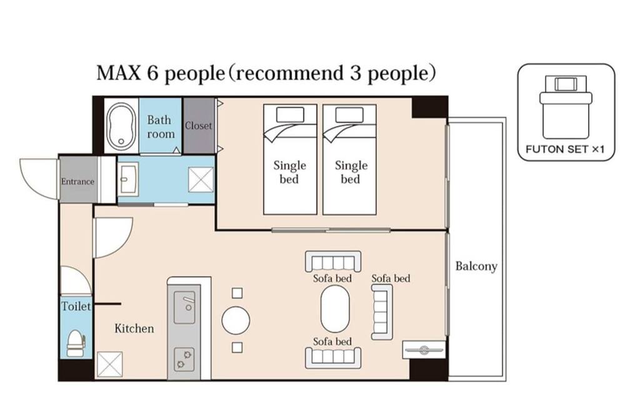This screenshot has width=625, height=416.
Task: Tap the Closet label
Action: click(199, 126)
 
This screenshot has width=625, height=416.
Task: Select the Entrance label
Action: click(77, 181)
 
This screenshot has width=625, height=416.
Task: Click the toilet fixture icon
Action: click(76, 343)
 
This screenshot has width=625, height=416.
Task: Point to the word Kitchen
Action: click(134, 329)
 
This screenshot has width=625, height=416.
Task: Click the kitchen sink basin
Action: click(184, 307)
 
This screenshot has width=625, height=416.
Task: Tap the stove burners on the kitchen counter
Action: click(184, 359)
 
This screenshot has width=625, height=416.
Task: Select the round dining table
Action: click(236, 320)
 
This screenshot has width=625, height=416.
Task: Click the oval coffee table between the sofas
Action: click(335, 308)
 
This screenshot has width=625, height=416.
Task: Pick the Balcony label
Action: click(476, 266)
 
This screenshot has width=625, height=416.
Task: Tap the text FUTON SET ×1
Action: click(565, 149)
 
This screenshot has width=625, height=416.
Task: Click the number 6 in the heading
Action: click(152, 73)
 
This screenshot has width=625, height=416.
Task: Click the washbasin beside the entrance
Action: click(129, 179)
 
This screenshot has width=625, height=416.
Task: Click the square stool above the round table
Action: click(237, 294)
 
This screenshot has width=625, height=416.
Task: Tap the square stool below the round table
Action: click(237, 347)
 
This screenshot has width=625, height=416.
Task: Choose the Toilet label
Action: click(76, 306)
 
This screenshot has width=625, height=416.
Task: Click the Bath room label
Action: click(161, 127)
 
